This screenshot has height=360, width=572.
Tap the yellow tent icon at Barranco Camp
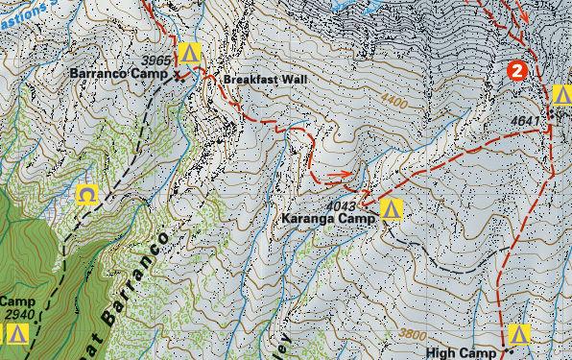point(189,52)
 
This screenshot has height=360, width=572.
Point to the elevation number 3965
point(156,60)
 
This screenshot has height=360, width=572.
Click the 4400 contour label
point(393,99)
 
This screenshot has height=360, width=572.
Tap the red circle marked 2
point(517,70)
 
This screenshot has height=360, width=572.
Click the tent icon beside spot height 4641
point(562,94)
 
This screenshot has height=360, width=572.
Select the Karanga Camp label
point(328,220)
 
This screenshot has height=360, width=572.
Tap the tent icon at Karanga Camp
point(390,209)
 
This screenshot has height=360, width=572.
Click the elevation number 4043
point(341,206)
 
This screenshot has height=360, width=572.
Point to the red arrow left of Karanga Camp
point(337,176)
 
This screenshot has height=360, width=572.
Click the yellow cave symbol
point(87,196)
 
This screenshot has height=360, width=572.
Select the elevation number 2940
point(18,314)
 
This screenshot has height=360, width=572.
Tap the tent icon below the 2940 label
point(16,334)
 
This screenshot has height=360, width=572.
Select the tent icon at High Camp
point(519,335)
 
